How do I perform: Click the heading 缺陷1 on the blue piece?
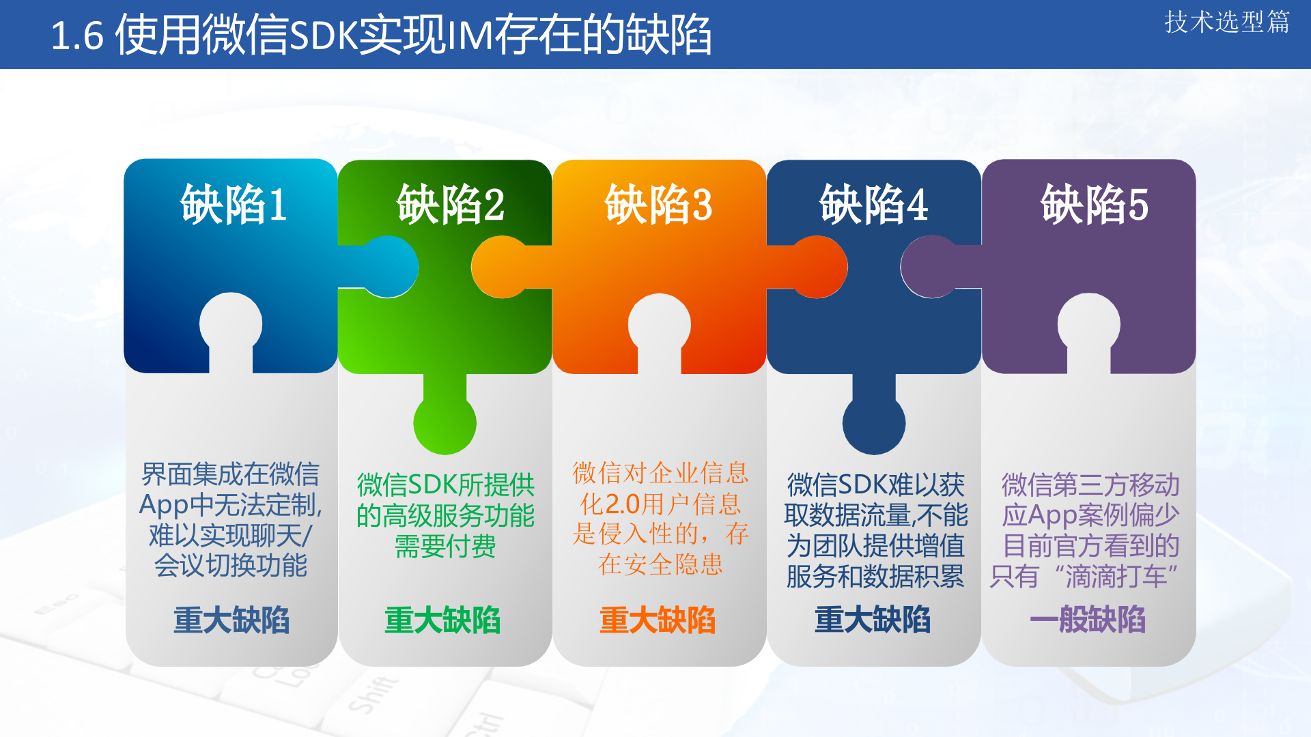pos(233,204)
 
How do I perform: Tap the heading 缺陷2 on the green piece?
pos(450,204)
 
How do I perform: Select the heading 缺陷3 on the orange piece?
pos(658,204)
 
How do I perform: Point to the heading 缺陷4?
pos(873,204)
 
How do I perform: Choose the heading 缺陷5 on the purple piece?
pos(1094,204)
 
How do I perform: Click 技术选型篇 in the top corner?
pos(1226,22)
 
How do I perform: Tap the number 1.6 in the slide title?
pos(77,36)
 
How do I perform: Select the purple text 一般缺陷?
pos(1088,620)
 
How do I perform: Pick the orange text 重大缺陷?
pos(658,620)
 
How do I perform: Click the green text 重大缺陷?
pos(442,620)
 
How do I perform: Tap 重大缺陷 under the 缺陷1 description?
pos(231,620)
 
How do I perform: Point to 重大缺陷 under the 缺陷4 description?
pos(873,620)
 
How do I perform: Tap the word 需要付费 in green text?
pos(445,546)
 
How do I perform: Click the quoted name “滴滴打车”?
pos(1116,577)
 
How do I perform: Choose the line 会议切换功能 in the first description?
pos(231,565)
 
